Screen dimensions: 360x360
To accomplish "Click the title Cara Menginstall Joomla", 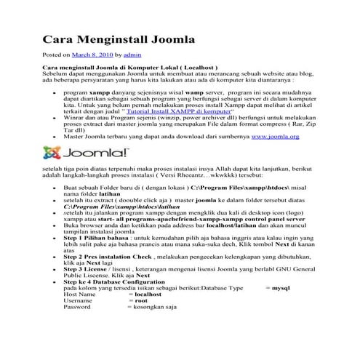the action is click(x=120, y=37).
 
